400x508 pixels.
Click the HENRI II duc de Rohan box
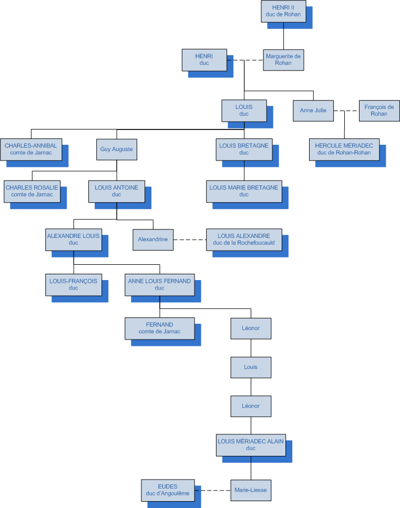tap(283, 11)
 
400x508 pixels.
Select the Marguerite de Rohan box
tap(283, 59)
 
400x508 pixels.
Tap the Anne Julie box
tap(313, 111)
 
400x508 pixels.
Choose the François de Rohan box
tap(379, 111)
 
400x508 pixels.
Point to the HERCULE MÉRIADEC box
tap(344, 149)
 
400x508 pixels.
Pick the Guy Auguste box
tap(117, 149)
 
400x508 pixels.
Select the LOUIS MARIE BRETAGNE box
tap(244, 191)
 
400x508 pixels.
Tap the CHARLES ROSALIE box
tap(32, 191)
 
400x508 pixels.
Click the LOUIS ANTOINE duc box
tap(117, 191)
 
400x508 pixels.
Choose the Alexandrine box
tap(153, 240)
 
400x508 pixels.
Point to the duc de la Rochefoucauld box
tap(244, 240)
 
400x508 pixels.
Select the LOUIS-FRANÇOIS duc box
tap(74, 284)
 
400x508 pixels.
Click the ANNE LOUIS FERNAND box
tap(160, 284)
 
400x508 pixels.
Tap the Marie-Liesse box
tap(251, 490)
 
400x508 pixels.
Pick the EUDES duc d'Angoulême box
tap(168, 490)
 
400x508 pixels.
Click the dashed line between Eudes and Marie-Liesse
tap(212, 490)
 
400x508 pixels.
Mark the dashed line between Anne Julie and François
tap(346, 111)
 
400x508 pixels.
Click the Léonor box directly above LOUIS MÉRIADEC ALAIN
tap(251, 406)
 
